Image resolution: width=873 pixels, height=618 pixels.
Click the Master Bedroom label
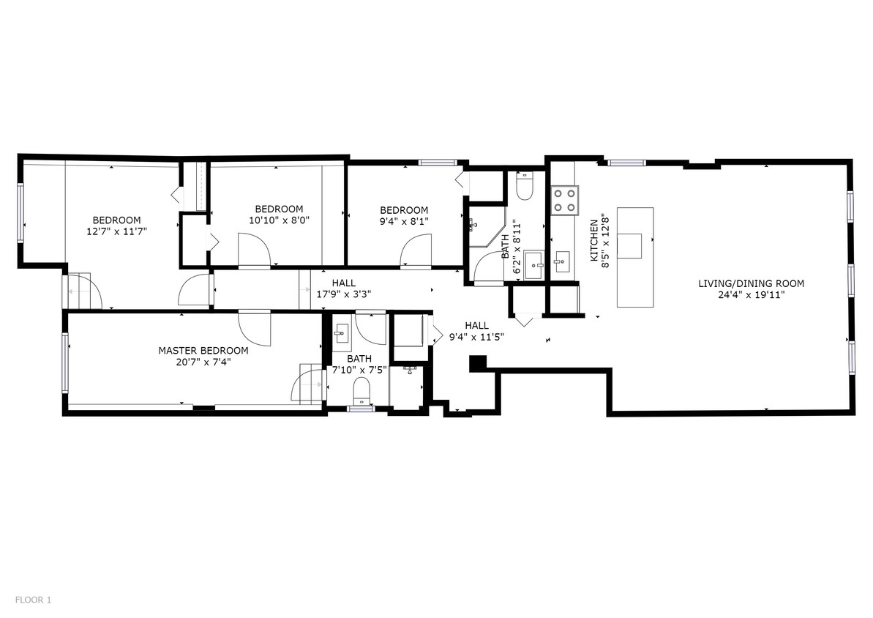203,351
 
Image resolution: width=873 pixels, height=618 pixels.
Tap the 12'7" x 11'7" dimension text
117,231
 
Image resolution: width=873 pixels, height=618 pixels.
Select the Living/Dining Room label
751,283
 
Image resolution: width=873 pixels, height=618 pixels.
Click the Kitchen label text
594,240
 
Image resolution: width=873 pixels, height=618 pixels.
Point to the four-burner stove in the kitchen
564,200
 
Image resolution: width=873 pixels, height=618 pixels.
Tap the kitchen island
634,257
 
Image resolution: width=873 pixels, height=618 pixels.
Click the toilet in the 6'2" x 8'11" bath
525,187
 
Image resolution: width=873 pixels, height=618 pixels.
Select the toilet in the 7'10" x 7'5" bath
362,390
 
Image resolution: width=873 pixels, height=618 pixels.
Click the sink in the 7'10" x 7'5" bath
341,334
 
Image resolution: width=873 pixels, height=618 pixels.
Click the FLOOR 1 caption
33,600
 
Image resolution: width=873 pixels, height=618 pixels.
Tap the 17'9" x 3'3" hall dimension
343,294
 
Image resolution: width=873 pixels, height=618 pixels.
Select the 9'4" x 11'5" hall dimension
476,337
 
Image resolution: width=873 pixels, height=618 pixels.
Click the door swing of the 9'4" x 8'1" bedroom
416,250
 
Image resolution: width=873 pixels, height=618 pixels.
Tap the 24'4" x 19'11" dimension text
751,295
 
